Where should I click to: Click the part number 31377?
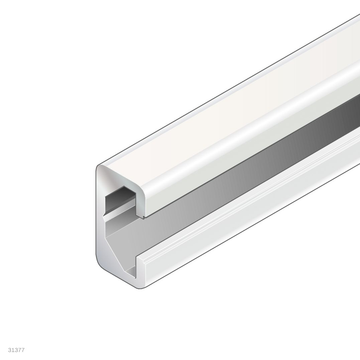click(x=16, y=350)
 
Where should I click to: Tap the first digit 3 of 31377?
click(x=10, y=350)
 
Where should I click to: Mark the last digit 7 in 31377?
click(x=23, y=350)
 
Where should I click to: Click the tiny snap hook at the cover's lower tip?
click(x=144, y=217)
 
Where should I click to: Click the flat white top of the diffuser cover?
click(x=234, y=100)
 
